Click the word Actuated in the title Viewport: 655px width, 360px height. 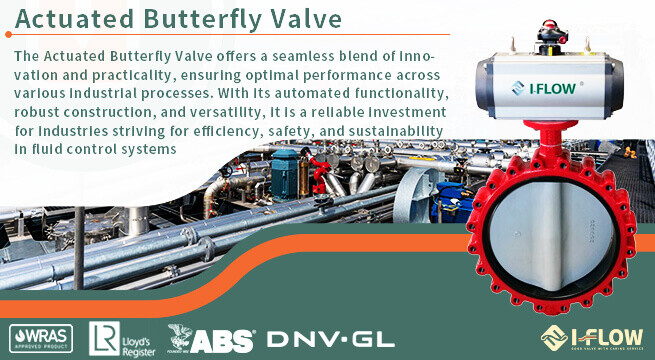click(75, 19)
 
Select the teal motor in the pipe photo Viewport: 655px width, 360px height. click(287, 169)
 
